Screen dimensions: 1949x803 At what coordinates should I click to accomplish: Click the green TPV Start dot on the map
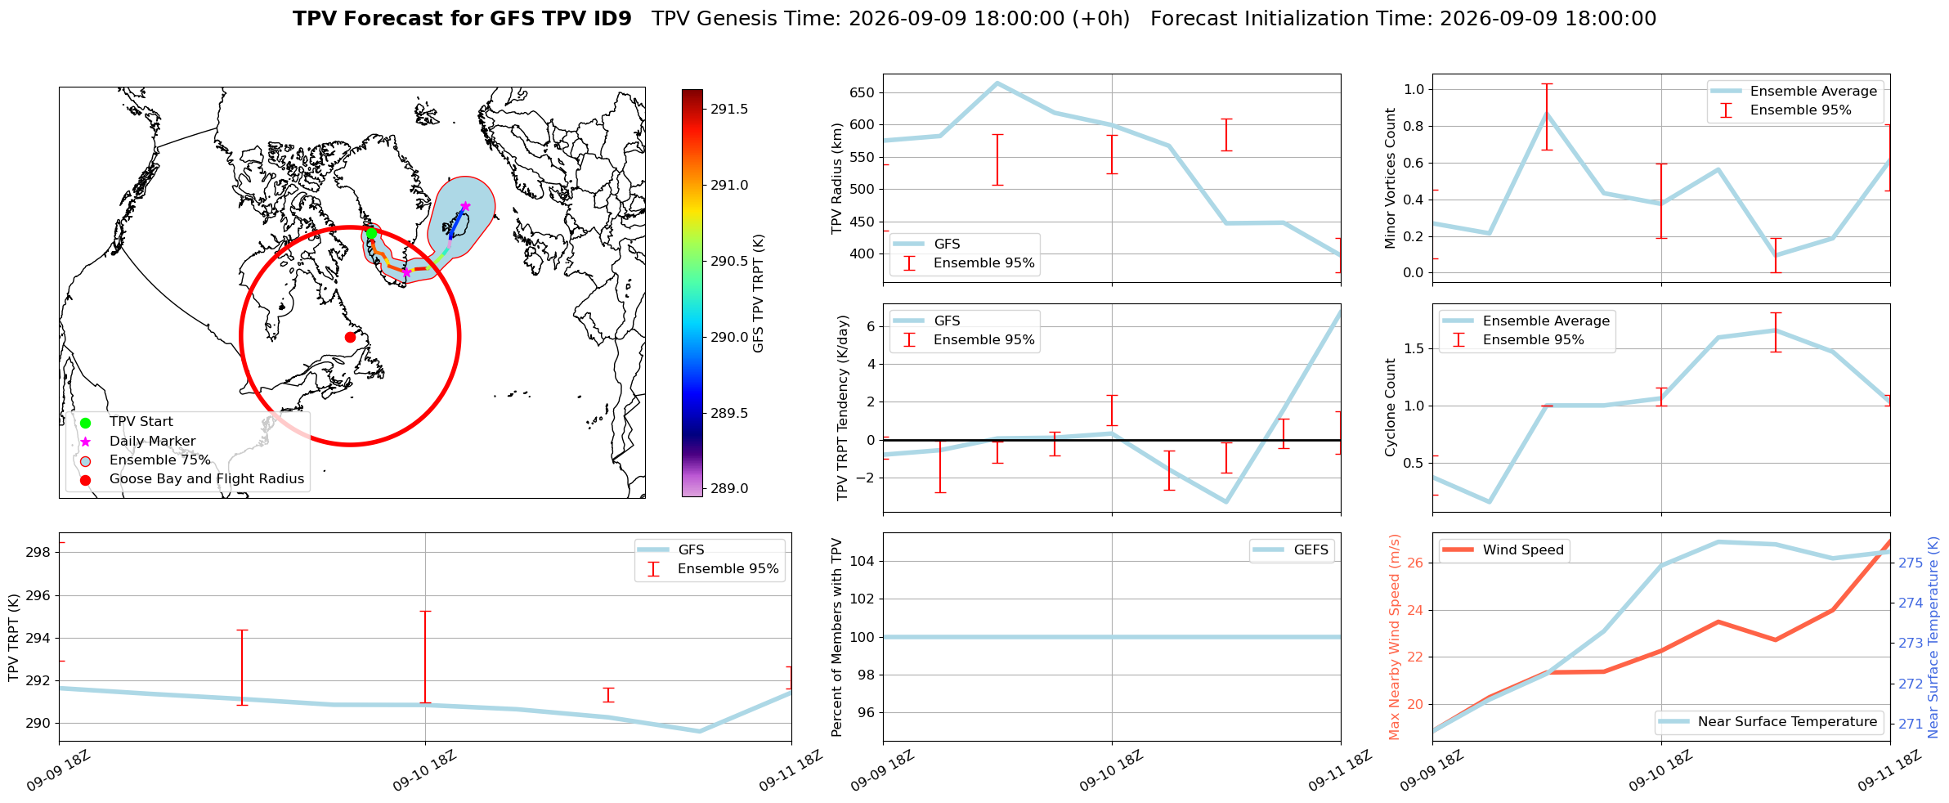click(371, 234)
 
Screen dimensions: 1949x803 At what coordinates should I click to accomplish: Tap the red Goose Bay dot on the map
click(350, 337)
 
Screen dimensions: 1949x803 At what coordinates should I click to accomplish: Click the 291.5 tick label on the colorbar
click(729, 110)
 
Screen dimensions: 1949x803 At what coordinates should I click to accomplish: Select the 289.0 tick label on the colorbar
click(729, 489)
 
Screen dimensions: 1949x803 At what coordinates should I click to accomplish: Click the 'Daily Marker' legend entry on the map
click(152, 442)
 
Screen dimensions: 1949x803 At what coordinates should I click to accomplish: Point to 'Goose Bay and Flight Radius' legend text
click(207, 479)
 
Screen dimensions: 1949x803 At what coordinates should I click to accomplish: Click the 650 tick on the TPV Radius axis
click(862, 92)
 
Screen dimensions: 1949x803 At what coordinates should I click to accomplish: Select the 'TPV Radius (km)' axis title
click(837, 178)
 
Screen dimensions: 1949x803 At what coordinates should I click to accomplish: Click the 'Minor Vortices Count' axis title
click(1391, 178)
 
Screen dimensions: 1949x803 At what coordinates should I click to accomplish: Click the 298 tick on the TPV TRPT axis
click(39, 553)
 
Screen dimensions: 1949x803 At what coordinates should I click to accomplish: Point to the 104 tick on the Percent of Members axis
click(863, 561)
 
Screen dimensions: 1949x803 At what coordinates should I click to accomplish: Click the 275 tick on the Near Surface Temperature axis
click(1911, 563)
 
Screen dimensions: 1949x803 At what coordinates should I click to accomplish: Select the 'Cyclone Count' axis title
click(1391, 407)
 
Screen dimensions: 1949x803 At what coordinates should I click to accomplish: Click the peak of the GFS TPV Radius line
click(997, 83)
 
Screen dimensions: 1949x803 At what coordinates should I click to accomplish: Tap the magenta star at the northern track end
click(465, 206)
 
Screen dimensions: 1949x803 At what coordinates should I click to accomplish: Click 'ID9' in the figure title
click(611, 19)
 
